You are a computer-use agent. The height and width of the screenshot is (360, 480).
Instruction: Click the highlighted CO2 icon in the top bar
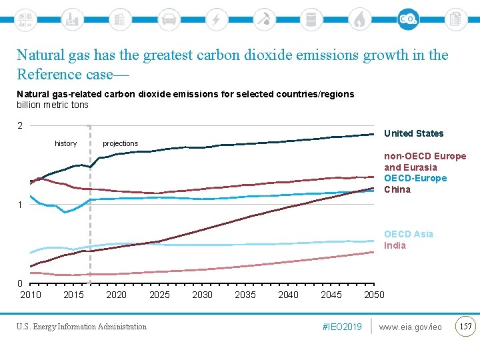point(408,19)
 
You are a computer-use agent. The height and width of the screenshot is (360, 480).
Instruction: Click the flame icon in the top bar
point(359,19)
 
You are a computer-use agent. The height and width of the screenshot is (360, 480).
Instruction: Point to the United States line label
point(413,133)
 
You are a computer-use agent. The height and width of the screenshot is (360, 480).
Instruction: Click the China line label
point(397,189)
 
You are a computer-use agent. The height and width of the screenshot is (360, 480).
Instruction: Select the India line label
point(395,245)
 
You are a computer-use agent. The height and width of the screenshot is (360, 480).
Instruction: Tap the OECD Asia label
point(408,234)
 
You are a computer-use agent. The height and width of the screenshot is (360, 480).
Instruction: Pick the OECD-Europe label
point(415,178)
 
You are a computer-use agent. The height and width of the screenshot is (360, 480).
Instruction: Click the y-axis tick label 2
point(20,126)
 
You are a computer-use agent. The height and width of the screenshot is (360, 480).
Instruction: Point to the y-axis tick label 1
point(20,205)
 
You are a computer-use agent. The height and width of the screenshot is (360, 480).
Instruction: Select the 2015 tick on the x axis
point(73,295)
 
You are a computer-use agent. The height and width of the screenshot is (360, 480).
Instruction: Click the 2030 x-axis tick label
point(202,295)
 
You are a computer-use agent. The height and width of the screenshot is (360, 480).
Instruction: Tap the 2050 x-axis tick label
point(374,295)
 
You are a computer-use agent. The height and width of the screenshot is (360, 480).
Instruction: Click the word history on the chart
point(65,143)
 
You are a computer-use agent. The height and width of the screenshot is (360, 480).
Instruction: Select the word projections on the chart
point(120,143)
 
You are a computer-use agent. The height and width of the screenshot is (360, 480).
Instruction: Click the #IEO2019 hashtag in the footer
point(341,327)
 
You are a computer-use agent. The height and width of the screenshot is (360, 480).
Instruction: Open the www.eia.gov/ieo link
point(410,327)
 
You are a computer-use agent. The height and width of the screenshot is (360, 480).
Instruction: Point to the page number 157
point(466,326)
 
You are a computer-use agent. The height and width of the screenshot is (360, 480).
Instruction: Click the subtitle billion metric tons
point(52,105)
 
